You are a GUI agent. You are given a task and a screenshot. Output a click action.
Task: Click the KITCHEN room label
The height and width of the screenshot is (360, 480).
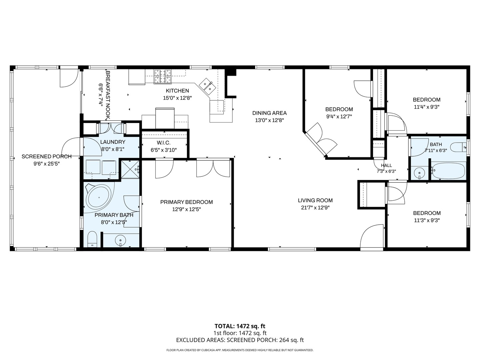[x=177, y=91]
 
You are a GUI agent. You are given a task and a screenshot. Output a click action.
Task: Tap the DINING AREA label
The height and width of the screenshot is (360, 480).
[x=269, y=113]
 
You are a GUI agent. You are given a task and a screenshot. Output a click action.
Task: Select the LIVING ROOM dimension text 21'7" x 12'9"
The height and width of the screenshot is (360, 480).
[x=315, y=208]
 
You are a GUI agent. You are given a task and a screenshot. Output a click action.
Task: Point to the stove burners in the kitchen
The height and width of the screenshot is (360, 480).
[x=162, y=76]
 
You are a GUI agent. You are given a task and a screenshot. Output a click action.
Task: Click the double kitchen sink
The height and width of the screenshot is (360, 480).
[x=207, y=86]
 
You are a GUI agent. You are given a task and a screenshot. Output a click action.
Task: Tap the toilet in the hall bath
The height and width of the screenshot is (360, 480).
[x=459, y=147]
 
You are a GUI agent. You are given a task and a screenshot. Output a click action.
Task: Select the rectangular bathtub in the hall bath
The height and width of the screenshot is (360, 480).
[x=448, y=171]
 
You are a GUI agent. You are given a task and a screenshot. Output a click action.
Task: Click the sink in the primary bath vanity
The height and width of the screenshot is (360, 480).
[x=121, y=240]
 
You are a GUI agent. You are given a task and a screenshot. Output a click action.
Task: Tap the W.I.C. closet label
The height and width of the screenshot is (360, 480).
[x=164, y=143]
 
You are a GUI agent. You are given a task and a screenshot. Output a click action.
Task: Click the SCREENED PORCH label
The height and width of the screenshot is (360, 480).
[x=47, y=157]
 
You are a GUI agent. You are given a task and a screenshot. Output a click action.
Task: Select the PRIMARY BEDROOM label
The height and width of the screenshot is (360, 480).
[x=187, y=202]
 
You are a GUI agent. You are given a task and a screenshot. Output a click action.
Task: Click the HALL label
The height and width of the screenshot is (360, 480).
[x=386, y=165]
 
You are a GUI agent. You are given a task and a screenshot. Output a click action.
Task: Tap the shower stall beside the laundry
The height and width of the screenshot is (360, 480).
[x=130, y=169]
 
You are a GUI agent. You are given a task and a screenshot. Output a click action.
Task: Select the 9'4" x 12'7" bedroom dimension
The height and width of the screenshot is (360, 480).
[x=339, y=117]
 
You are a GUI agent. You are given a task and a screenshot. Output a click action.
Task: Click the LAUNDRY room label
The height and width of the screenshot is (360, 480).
[x=113, y=142]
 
